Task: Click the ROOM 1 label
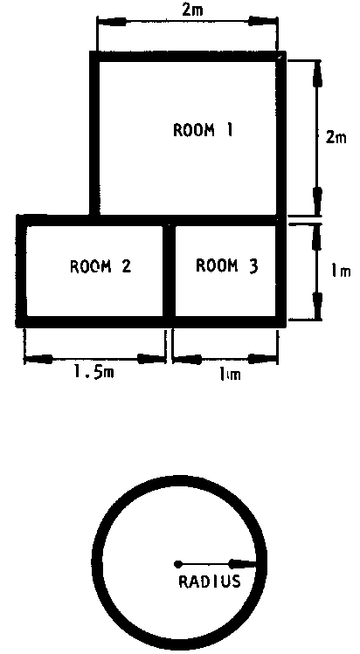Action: click(x=203, y=130)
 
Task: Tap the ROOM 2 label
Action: click(x=100, y=265)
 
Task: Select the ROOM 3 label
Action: click(x=227, y=265)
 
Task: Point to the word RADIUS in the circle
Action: click(x=210, y=582)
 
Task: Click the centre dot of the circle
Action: click(x=178, y=564)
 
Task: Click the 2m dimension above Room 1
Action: click(x=192, y=10)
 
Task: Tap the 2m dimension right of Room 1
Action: click(x=336, y=137)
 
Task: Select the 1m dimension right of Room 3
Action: click(x=341, y=272)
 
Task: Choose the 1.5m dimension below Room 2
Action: click(x=93, y=372)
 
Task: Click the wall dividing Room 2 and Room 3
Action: click(x=169, y=271)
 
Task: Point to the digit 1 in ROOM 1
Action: click(x=229, y=130)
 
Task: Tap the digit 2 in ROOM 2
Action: click(x=126, y=265)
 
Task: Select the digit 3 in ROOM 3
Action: click(x=253, y=265)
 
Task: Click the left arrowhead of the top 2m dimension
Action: click(x=111, y=22)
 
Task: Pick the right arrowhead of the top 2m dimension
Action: click(x=263, y=21)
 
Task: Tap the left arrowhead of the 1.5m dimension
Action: click(x=38, y=358)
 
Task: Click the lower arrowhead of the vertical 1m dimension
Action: click(x=318, y=306)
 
